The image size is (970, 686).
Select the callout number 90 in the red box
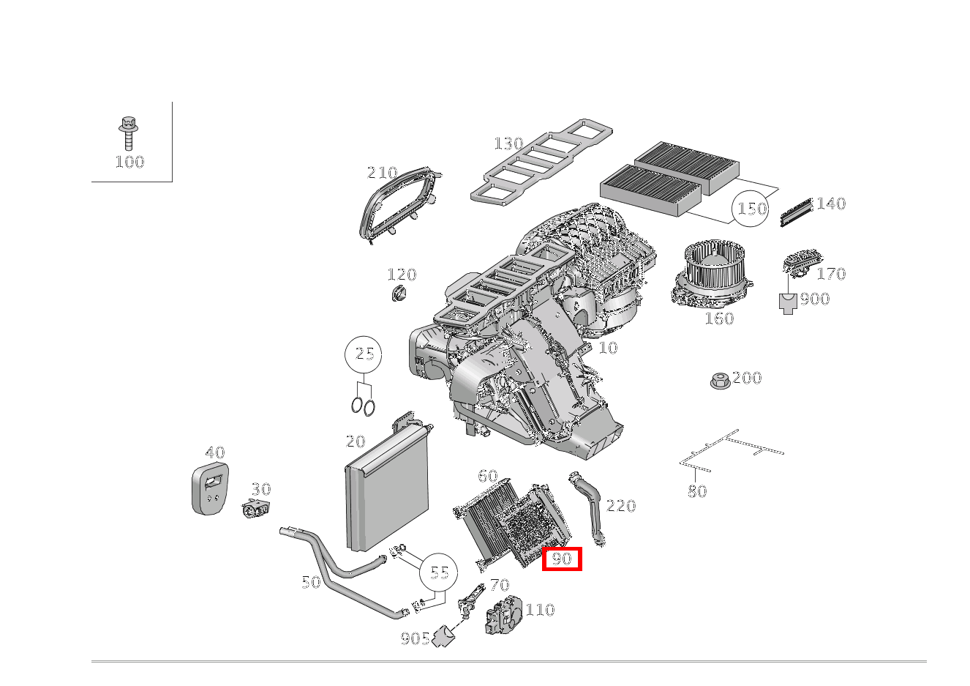pyautogui.click(x=562, y=559)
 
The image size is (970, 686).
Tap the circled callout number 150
pyautogui.click(x=751, y=209)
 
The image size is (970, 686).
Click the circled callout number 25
pyautogui.click(x=364, y=354)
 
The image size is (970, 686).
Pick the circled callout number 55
pyautogui.click(x=439, y=573)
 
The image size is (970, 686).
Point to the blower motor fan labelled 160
pyautogui.click(x=712, y=277)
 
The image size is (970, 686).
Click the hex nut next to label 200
pyautogui.click(x=718, y=381)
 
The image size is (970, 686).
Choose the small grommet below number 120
pyautogui.click(x=398, y=294)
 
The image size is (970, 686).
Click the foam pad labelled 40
pyautogui.click(x=210, y=488)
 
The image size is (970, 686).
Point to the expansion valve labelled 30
pyautogui.click(x=256, y=510)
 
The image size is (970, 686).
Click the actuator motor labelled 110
pyautogui.click(x=503, y=616)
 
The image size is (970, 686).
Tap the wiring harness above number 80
pyautogui.click(x=732, y=449)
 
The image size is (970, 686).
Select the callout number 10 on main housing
pyautogui.click(x=608, y=348)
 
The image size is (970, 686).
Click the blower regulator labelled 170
pyautogui.click(x=801, y=263)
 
